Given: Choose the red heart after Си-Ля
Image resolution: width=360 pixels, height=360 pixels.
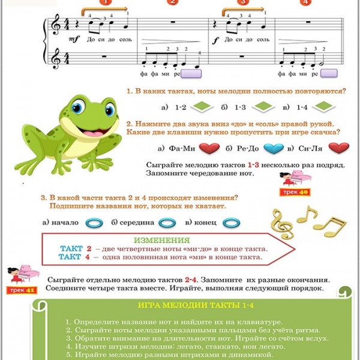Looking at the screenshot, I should (338, 148).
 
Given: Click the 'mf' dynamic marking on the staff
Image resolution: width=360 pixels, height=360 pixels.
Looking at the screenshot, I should (74, 39).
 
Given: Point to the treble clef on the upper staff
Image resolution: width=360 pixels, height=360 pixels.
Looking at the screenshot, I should (56, 25).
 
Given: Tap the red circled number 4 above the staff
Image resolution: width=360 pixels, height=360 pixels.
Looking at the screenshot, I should (305, 2).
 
